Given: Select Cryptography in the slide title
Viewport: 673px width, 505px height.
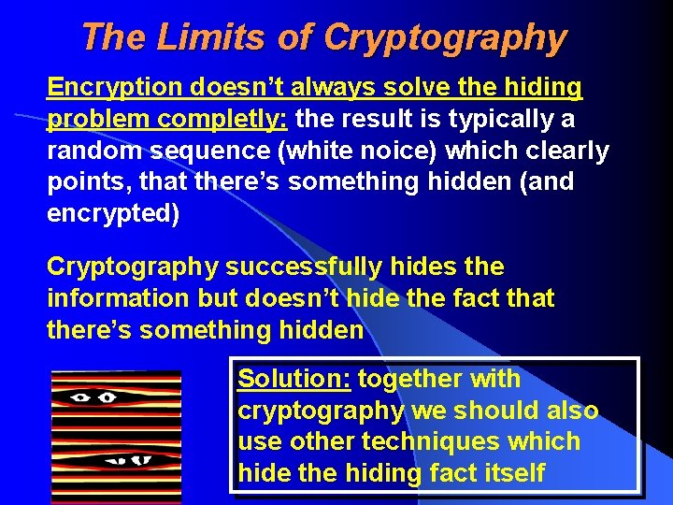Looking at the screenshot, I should point(445,38).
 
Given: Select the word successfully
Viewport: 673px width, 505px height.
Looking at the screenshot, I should point(304,267).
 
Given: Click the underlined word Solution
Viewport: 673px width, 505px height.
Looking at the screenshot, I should point(293,380).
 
